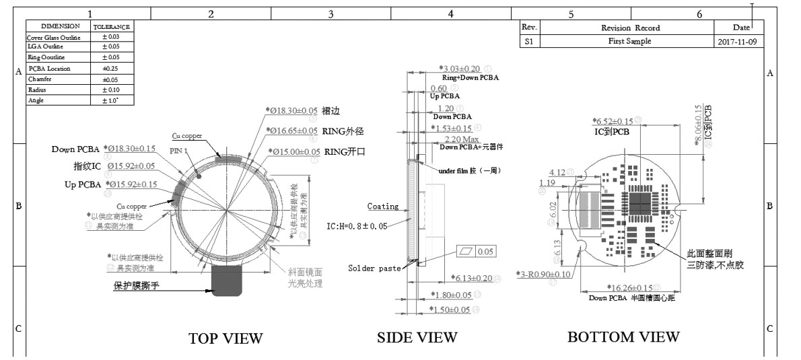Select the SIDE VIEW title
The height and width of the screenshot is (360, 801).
click(417, 336)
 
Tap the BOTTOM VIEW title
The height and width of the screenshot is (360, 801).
click(623, 336)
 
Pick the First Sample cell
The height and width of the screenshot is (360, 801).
click(629, 41)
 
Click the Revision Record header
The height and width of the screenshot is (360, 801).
click(630, 28)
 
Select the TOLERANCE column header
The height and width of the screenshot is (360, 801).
click(111, 26)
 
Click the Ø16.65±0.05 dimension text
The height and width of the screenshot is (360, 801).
click(293, 131)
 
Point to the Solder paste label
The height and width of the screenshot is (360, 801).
click(374, 268)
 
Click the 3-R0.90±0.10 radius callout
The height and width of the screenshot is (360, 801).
click(544, 274)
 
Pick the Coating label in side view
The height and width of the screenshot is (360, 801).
click(382, 207)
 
